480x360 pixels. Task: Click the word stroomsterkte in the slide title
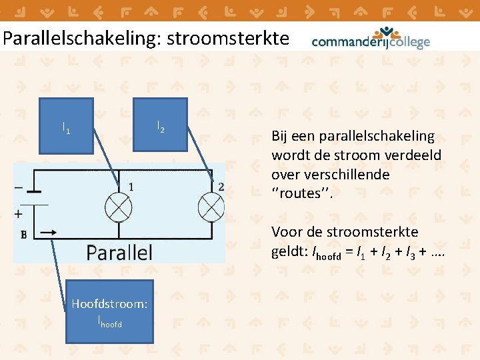point(228,39)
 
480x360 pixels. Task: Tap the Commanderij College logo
point(371,39)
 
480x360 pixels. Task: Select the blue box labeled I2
point(161,125)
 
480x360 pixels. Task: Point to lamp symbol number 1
point(119,208)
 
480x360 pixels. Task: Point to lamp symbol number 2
point(212,208)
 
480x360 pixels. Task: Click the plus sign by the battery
point(18,214)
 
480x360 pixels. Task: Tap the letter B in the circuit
point(23,234)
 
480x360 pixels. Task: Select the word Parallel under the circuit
point(119,252)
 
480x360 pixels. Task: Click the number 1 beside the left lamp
point(131,187)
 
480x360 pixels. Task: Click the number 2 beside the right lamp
point(221,187)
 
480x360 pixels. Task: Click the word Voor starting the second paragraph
point(285,232)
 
